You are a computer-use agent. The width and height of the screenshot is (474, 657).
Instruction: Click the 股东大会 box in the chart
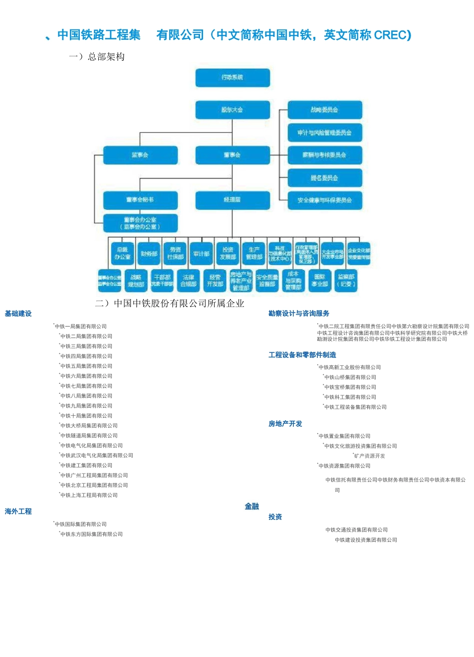[x=233, y=110]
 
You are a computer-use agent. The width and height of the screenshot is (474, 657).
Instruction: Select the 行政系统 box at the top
[x=233, y=77]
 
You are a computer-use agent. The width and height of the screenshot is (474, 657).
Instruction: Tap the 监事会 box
[x=140, y=155]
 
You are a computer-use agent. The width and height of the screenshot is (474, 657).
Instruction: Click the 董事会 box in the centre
[x=233, y=155]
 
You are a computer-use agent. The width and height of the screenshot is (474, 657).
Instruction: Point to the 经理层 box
[x=233, y=200]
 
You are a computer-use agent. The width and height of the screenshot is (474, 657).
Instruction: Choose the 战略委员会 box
[x=325, y=110]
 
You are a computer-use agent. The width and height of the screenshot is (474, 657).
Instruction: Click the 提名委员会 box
[x=325, y=178]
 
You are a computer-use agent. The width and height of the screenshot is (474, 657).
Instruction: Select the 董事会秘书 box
[x=140, y=200]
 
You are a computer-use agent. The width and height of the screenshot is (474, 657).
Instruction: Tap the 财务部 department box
[x=149, y=254]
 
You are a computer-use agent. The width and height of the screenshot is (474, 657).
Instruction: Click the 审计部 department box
[x=202, y=254]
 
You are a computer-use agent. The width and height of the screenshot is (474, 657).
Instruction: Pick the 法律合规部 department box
[x=189, y=281]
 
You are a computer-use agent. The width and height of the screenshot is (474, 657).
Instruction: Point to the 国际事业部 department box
[x=320, y=281]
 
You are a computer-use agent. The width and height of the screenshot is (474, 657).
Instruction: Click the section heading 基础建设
[x=18, y=314]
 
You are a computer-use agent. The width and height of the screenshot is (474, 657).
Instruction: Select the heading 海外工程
[x=18, y=511]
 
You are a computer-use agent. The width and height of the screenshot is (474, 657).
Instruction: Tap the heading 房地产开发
[x=285, y=424]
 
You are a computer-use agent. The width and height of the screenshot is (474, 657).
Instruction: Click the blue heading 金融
[x=252, y=506]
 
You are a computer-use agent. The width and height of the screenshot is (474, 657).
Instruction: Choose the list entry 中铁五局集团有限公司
[x=86, y=366]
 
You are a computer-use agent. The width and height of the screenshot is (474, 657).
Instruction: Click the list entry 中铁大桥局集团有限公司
[x=89, y=426]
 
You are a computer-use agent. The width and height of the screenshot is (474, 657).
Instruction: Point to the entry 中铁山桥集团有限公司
[x=350, y=377]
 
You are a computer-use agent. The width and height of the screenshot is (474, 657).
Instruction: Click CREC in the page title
[x=392, y=35]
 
